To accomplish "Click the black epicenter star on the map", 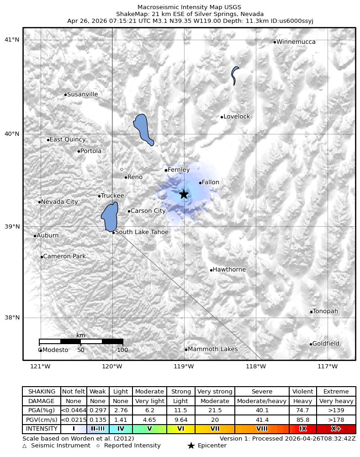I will tap(184, 194).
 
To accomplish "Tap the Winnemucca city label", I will tap(296, 42).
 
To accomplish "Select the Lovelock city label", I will tap(237, 117).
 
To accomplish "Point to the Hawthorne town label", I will tap(229, 270).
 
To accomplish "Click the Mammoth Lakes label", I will tap(212, 349).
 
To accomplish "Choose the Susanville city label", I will tap(82, 95).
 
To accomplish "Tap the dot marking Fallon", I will tap(200, 183).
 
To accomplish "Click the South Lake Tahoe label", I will tap(142, 232).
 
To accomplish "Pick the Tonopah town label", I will tap(325, 311).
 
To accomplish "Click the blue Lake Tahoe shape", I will tap(110, 217).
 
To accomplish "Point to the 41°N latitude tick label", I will tap(12, 40).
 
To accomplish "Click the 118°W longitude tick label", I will tap(256, 367).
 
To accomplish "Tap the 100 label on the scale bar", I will tap(122, 350).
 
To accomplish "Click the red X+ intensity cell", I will tap(336, 429).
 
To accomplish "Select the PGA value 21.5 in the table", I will tap(215, 410).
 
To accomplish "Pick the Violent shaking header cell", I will tap(302, 392).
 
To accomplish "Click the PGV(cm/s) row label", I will tap(42, 420).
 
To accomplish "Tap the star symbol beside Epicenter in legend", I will tap(191, 446).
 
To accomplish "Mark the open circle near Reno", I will tap(122, 169).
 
